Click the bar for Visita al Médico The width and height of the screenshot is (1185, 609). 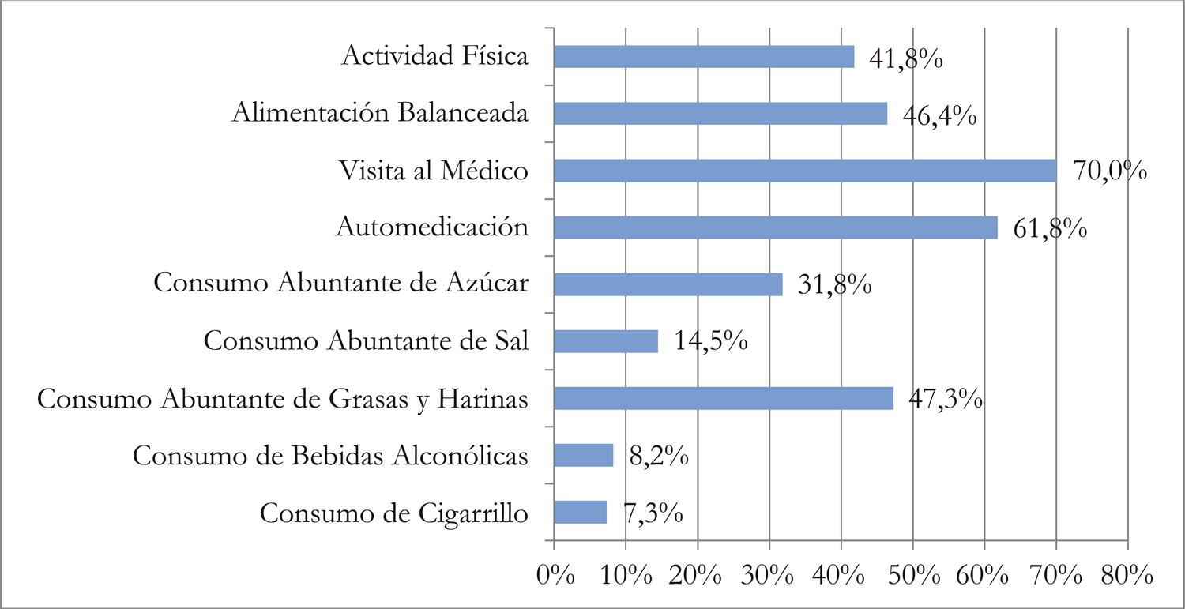click(x=805, y=171)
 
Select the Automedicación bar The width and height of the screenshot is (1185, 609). click(x=776, y=227)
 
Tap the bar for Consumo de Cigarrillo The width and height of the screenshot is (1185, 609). click(x=581, y=512)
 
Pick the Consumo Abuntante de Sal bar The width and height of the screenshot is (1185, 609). click(x=606, y=341)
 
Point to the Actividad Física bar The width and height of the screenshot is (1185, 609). click(x=704, y=57)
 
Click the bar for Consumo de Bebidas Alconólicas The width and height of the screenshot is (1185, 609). click(x=584, y=455)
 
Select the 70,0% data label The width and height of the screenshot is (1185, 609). click(x=1110, y=171)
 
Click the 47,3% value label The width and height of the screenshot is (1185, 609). click(x=946, y=399)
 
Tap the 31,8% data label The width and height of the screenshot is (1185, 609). click(x=834, y=285)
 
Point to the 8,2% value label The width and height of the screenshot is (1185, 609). click(x=659, y=457)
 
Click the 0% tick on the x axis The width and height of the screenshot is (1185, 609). click(x=555, y=575)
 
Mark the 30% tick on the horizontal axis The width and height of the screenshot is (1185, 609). click(x=769, y=575)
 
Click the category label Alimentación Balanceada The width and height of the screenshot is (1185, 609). click(x=380, y=114)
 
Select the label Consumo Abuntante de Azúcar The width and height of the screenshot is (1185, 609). click(x=340, y=284)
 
